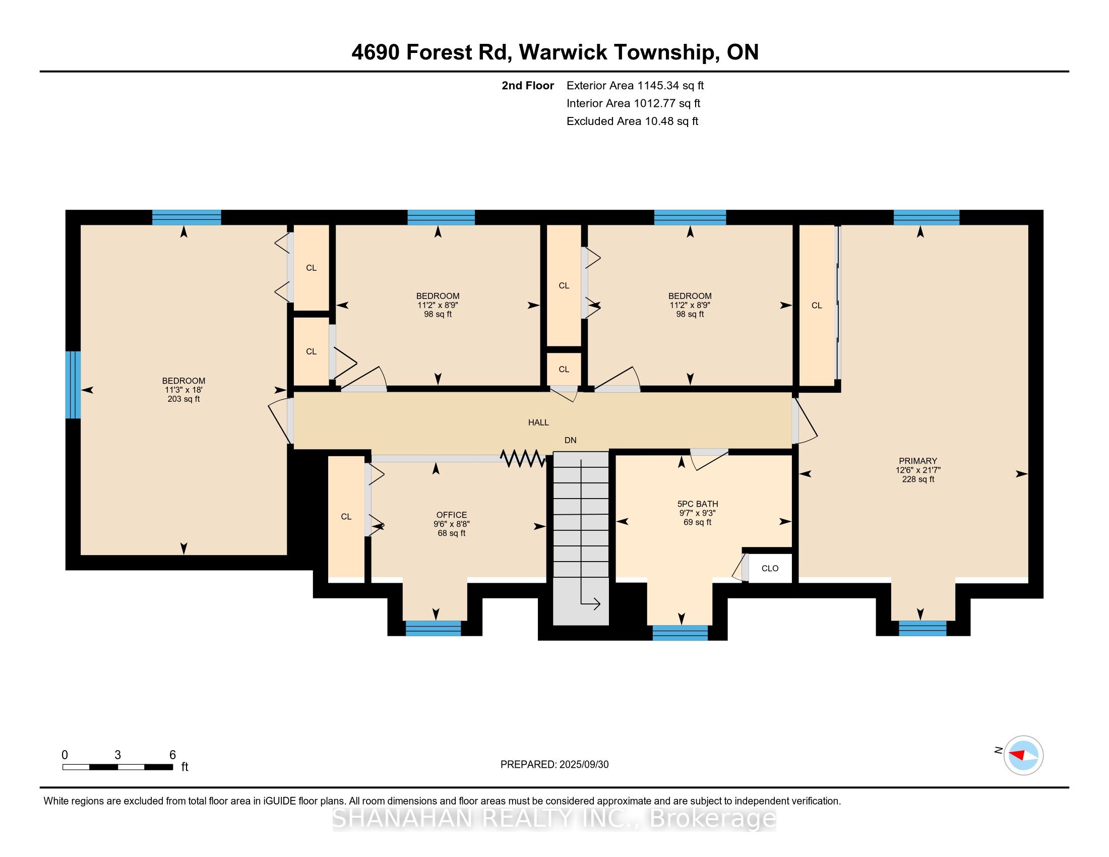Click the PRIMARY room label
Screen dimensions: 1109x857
pos(917,461)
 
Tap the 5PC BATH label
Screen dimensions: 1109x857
pos(698,504)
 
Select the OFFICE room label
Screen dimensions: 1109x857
pos(452,515)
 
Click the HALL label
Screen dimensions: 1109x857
pos(538,422)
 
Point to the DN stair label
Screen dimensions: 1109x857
pos(570,440)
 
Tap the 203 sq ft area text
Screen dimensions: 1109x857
pos(183,399)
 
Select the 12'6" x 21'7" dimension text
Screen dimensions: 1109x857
pos(917,470)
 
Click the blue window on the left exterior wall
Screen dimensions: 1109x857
pos(73,385)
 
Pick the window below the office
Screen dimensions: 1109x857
pos(433,628)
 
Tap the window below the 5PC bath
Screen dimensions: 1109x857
pos(680,633)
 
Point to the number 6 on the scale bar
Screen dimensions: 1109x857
pos(172,755)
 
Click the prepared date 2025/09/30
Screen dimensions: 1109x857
pos(583,765)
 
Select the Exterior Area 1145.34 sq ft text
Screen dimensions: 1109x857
pos(635,86)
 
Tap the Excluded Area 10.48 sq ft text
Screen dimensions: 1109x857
pos(632,121)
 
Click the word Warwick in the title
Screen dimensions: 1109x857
pos(563,52)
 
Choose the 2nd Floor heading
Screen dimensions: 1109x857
pos(528,86)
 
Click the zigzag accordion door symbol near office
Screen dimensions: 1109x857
pos(523,458)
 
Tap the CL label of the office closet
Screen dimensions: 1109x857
pos(346,516)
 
